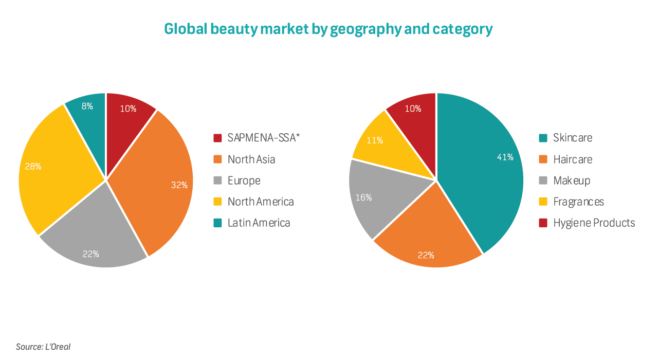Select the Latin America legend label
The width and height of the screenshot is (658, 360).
(259, 223)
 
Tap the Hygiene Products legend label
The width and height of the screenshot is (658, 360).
(594, 223)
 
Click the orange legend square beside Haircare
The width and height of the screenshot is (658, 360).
(543, 159)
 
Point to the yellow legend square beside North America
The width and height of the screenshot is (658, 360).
(217, 202)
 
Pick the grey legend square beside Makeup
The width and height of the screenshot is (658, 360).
(543, 181)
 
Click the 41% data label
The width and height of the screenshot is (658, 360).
(505, 157)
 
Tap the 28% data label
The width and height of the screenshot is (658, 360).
(33, 167)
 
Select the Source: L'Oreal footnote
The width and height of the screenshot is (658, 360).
(43, 347)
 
